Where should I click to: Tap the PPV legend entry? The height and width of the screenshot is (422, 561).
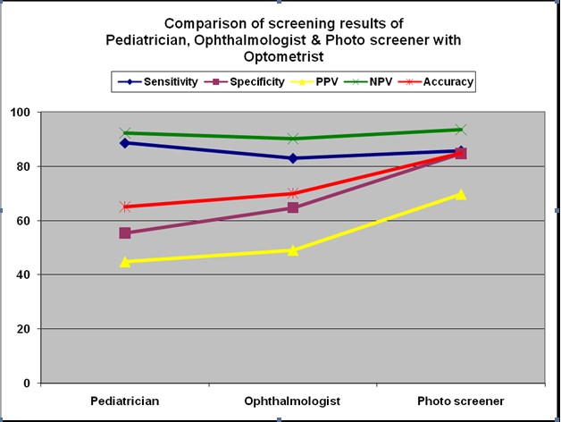[x=323, y=82]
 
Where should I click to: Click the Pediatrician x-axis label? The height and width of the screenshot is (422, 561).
[x=125, y=401]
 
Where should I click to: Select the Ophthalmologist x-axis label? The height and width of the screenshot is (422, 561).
[x=292, y=401]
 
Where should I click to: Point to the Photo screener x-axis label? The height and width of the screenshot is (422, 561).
[x=461, y=401]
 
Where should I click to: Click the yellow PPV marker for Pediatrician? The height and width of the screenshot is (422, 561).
[x=125, y=261]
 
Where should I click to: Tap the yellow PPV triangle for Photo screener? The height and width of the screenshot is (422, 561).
[x=461, y=194]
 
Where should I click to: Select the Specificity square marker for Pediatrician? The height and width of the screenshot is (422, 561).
[x=125, y=232]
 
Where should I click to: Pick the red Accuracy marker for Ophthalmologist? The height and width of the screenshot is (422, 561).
[x=293, y=193]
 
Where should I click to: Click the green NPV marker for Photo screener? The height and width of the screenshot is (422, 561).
[x=461, y=130]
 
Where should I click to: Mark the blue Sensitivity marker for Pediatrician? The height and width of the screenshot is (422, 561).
[x=125, y=142]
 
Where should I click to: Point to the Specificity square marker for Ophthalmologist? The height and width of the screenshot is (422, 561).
[x=293, y=207]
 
